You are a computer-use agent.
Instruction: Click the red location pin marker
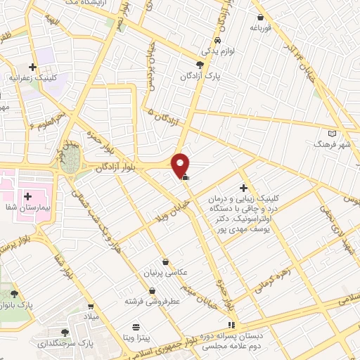point(181,165)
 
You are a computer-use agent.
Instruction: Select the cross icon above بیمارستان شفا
point(27,177)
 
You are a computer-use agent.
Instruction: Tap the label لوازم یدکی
point(215,51)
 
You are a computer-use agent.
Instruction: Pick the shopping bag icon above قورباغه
point(260,18)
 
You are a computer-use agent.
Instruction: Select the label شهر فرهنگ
point(333,144)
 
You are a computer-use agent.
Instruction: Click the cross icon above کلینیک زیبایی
point(243,188)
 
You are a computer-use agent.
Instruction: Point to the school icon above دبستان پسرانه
point(232,324)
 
